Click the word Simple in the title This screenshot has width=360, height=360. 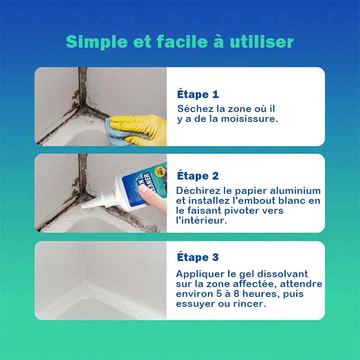point(97,41)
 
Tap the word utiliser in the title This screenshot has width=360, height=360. point(261,41)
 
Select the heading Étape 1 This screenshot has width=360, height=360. point(198,94)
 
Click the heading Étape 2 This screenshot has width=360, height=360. point(198,175)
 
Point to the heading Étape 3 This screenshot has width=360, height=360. point(198,257)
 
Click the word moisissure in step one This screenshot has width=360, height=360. point(249,119)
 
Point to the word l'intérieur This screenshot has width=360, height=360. point(201,220)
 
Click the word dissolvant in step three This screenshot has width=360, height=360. point(283,274)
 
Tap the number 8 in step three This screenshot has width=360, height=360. point(237,294)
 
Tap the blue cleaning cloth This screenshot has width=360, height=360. point(119,133)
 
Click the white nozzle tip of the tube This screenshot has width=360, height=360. point(83,206)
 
